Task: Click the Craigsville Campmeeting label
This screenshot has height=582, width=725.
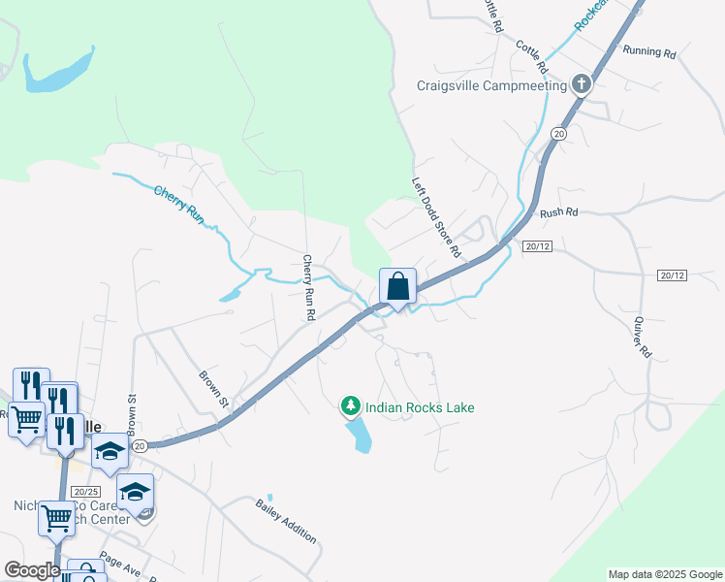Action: (x=491, y=85)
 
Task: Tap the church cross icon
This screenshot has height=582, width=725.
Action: (x=582, y=83)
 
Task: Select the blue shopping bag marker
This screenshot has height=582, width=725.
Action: (x=397, y=287)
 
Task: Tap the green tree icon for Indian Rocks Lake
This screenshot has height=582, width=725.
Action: (x=350, y=406)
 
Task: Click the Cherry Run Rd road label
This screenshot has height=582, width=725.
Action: (x=308, y=287)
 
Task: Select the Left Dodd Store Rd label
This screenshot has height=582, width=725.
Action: (x=435, y=216)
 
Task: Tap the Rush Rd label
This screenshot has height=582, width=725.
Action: (x=558, y=212)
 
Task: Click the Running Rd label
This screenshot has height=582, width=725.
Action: (x=648, y=51)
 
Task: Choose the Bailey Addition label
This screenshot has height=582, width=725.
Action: (x=286, y=520)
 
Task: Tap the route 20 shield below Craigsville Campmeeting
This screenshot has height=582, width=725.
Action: (x=558, y=132)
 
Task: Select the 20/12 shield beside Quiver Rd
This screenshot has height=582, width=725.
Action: (x=671, y=275)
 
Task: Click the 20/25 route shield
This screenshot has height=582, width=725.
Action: (x=86, y=492)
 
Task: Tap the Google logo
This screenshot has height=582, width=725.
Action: (x=32, y=570)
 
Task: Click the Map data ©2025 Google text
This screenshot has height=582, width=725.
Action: (x=665, y=574)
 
